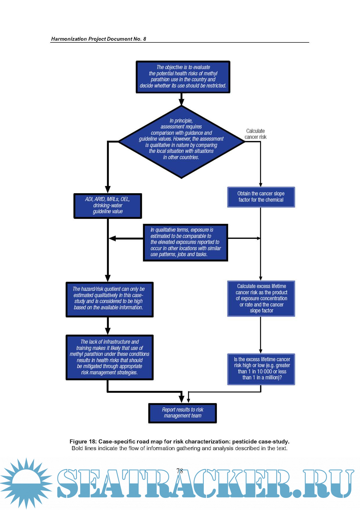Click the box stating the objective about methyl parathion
click(183, 77)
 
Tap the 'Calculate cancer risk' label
click(255, 134)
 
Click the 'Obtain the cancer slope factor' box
click(261, 197)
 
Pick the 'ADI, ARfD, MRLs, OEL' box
click(108, 206)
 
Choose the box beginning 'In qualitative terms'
click(185, 242)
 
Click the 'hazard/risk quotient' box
click(109, 299)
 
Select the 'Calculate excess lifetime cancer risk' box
click(261, 298)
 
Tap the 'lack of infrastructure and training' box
click(109, 357)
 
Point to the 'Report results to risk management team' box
click(182, 413)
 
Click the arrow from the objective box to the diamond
click(181, 100)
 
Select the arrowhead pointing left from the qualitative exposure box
click(112, 238)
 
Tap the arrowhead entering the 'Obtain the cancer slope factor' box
click(260, 185)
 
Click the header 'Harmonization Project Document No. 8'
click(98, 39)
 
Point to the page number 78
click(180, 471)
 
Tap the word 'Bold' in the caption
click(77, 448)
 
